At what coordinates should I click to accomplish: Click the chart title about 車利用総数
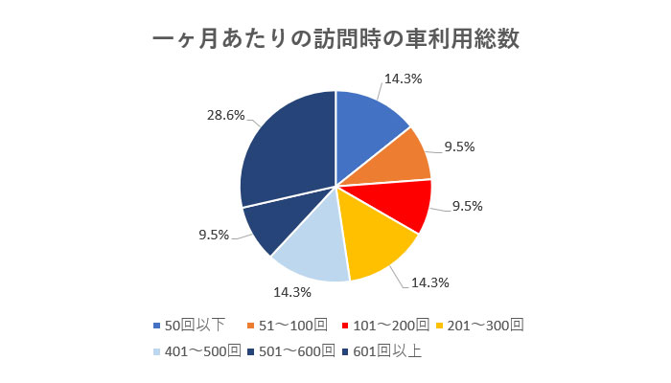coord(335,40)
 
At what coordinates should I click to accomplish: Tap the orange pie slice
coord(401,160)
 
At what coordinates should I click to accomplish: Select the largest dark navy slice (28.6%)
coord(283,153)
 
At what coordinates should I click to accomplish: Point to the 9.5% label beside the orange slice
coord(459,147)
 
